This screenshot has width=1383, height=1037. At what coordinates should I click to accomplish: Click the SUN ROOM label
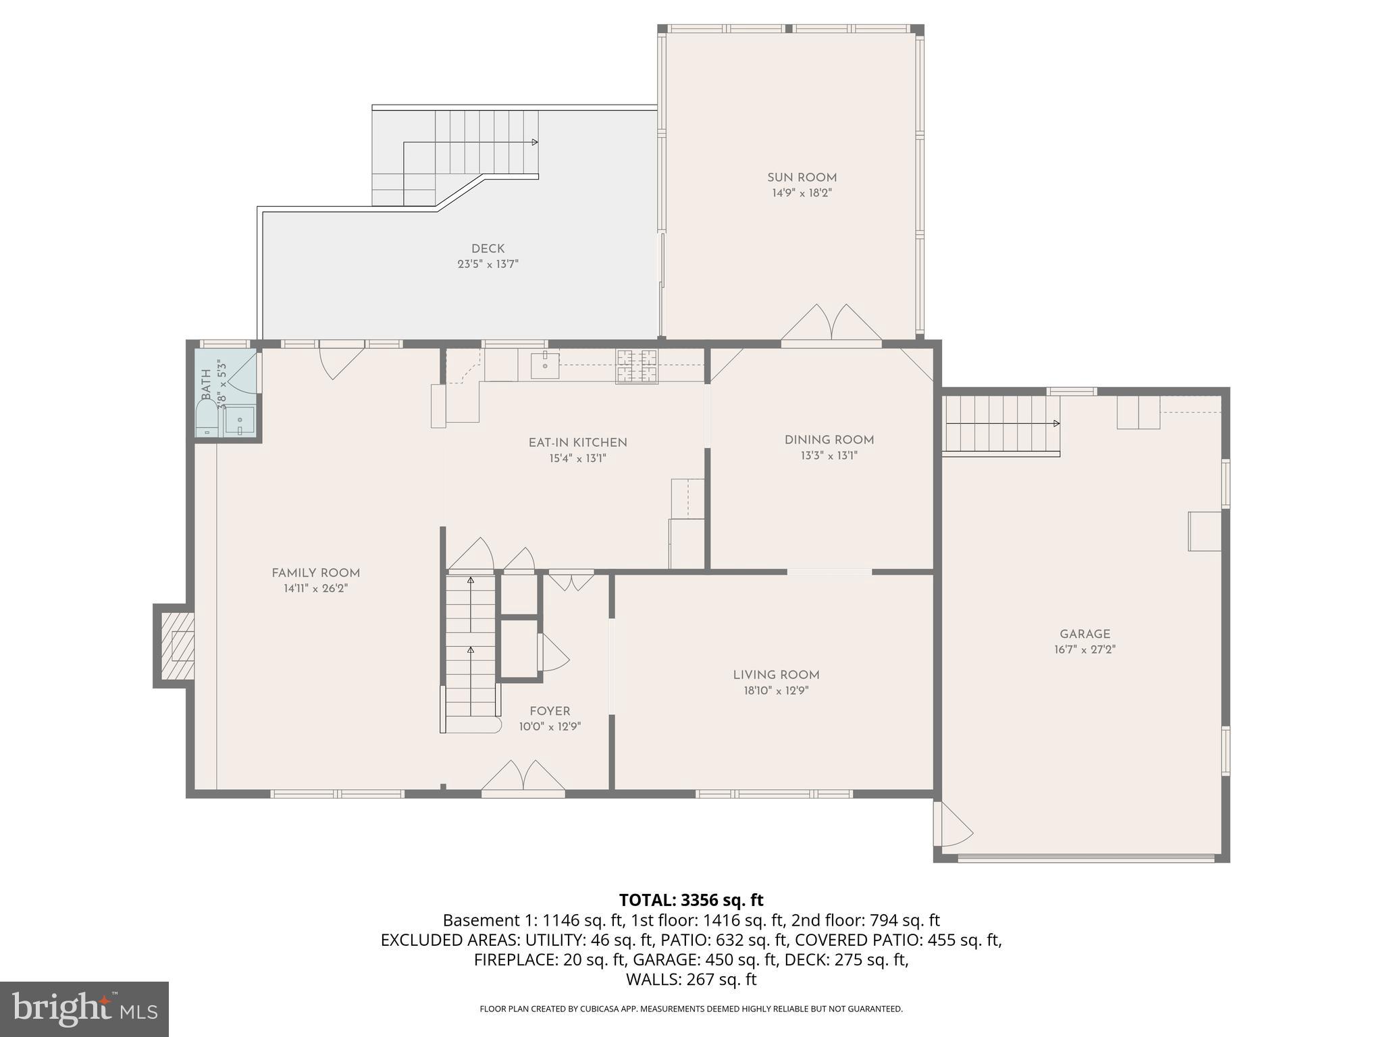(802, 178)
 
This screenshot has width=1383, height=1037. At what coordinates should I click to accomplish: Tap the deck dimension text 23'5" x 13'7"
(488, 264)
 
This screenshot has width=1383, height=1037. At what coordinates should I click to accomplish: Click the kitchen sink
(545, 365)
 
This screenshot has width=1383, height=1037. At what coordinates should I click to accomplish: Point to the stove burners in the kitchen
(636, 366)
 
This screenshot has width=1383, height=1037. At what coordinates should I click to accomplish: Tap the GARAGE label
(1085, 634)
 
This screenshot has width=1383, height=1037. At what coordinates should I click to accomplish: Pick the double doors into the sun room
(831, 324)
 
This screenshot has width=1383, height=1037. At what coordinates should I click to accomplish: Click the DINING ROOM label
(829, 440)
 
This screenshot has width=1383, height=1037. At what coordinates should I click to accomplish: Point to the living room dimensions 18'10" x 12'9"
(775, 691)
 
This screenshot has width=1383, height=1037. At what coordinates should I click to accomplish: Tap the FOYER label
(550, 711)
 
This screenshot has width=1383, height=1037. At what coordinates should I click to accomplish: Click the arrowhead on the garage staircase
(1056, 423)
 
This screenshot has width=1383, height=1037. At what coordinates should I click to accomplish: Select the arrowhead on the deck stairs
(535, 142)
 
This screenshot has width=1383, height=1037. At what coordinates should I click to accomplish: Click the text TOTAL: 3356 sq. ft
(691, 900)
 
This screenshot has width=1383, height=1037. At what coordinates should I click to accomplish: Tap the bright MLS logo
(84, 1009)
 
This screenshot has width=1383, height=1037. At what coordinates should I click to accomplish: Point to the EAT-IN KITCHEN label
(577, 443)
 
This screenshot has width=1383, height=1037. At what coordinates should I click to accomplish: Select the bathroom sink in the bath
(240, 421)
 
